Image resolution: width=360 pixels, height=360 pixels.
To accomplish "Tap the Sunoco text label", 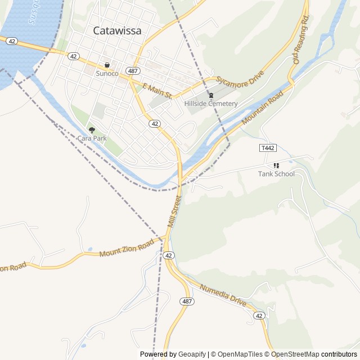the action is click(107, 74).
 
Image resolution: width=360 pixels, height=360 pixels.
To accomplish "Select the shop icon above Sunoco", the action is click(107, 65).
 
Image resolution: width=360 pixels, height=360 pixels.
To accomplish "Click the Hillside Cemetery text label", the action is click(211, 103).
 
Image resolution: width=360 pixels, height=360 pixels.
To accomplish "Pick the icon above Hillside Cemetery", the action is click(211, 95).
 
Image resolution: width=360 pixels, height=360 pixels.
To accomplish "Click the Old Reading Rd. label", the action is click(301, 40).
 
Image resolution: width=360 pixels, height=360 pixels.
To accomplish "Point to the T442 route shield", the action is click(268, 147).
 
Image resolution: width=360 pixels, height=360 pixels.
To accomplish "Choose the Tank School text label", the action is click(276, 174).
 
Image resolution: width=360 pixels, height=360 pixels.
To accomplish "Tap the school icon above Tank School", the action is click(276, 165).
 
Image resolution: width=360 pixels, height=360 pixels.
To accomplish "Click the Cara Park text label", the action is click(92, 138).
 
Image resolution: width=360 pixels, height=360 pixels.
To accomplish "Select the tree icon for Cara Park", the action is click(92, 130).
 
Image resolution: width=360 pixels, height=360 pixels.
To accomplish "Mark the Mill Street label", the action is click(174, 211).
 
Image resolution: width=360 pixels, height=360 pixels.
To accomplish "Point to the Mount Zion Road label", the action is click(127, 248).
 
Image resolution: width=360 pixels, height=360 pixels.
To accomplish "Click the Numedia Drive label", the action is click(223, 295).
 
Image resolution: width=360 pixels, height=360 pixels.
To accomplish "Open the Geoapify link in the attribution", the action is click(192, 354).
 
